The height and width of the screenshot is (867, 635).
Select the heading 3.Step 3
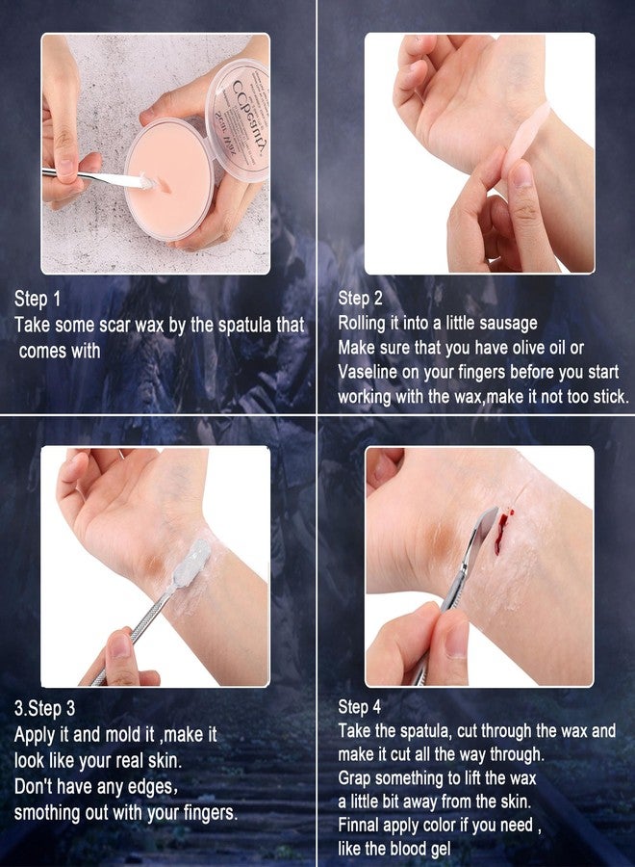pos(44,709)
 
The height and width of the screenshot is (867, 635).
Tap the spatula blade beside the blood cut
pos(480,539)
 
